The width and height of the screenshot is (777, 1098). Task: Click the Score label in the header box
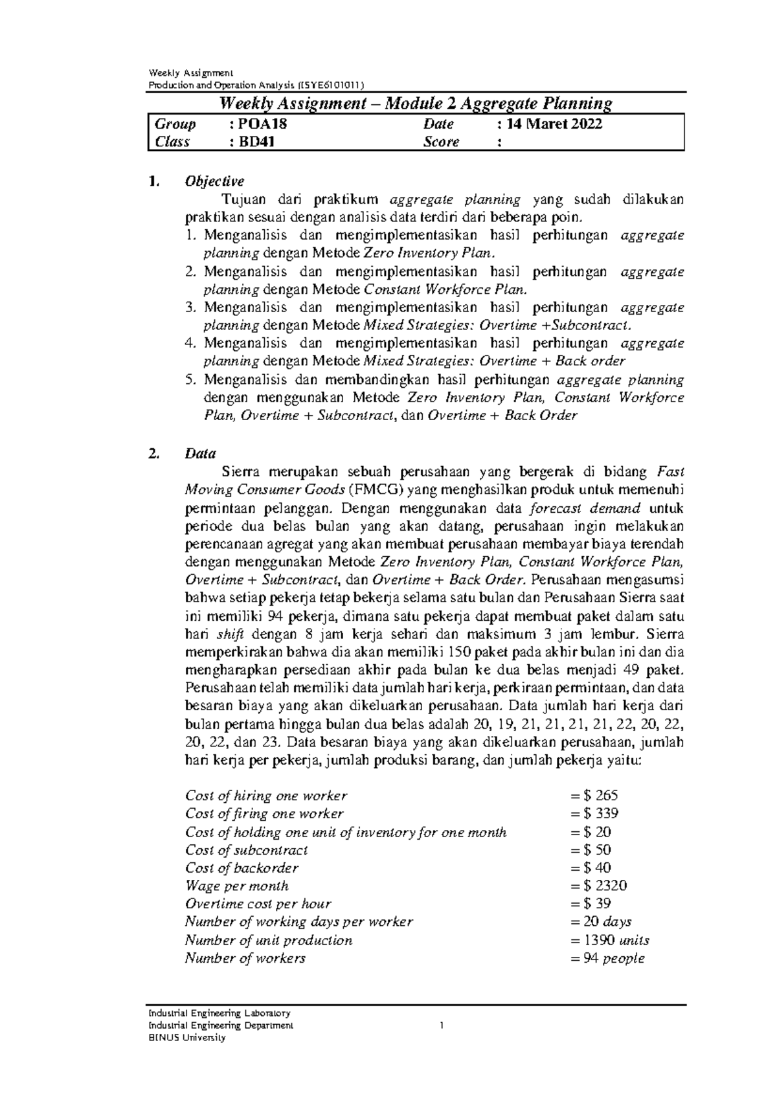[441, 142]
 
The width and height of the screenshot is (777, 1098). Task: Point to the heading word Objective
[214, 181]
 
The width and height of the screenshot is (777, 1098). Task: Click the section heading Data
[200, 454]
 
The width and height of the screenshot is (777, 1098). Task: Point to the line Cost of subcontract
[246, 850]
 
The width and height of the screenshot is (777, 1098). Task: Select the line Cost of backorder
[242, 868]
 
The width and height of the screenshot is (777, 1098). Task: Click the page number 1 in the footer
[440, 1025]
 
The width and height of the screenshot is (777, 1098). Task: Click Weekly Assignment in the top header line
[181, 72]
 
